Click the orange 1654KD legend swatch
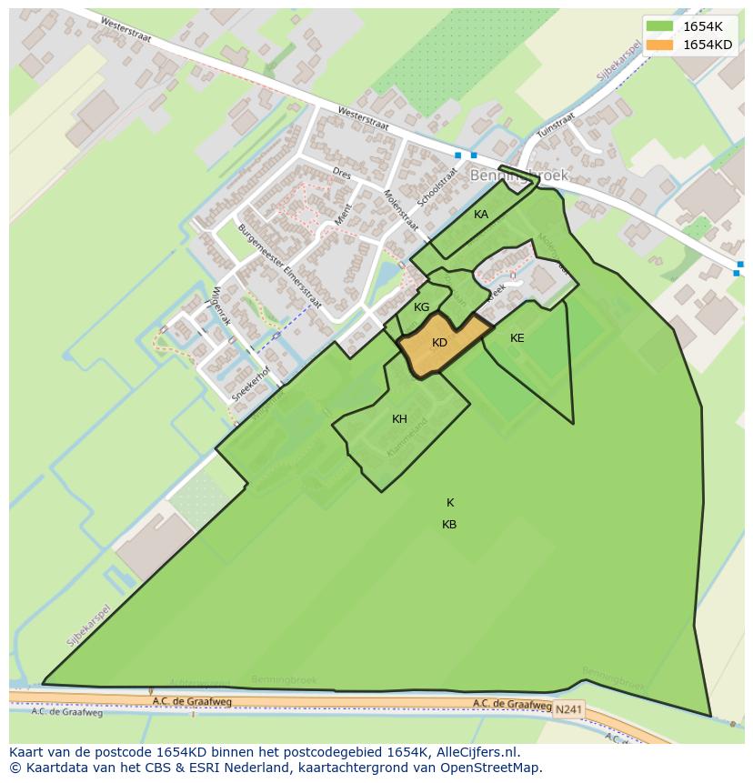point(660,45)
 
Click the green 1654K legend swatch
point(660,26)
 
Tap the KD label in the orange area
point(439,343)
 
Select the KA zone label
point(481,215)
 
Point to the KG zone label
point(421,307)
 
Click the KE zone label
point(517,338)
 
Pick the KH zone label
point(399,419)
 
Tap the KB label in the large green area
point(449,525)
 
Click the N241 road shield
point(567,708)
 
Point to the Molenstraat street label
point(400,210)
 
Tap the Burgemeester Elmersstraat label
point(280,271)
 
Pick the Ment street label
point(343,215)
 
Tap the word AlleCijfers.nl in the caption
point(476,752)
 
